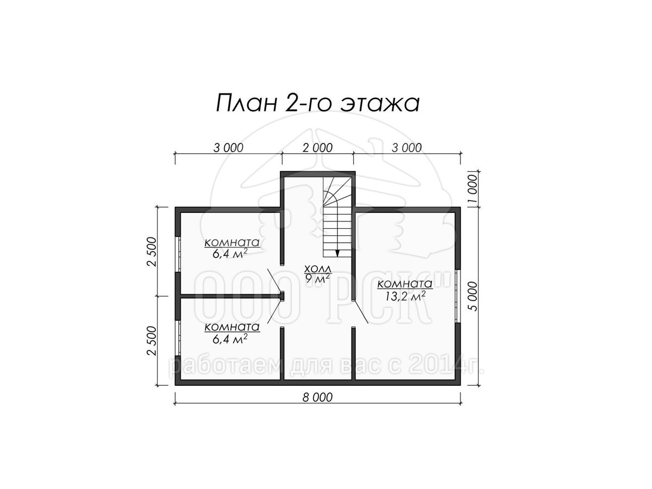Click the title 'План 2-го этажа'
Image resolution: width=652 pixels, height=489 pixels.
pos(317,103)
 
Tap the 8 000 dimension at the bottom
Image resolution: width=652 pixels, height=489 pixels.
pos(317,397)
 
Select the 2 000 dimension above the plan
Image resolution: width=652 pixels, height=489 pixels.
pos(317,148)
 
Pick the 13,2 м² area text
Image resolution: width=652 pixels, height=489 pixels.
pos(405,296)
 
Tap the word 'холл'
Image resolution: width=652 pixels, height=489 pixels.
pos(317,269)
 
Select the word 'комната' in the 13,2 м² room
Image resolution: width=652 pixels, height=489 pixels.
pos(405,284)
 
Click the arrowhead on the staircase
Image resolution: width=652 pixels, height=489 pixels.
pos(337,253)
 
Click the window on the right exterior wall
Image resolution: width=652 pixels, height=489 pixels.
pos(457,296)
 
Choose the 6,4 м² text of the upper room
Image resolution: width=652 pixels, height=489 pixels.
pos(230,253)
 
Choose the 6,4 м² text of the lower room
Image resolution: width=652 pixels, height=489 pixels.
pos(230,338)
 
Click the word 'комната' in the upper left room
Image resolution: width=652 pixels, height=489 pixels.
pos(232,242)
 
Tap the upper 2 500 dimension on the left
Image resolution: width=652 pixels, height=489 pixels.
pos(152,252)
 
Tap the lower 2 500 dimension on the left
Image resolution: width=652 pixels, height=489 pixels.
pos(152,341)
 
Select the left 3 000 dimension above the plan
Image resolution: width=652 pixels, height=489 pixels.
pos(228,148)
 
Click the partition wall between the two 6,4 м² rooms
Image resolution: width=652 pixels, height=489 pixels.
pos(231,296)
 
